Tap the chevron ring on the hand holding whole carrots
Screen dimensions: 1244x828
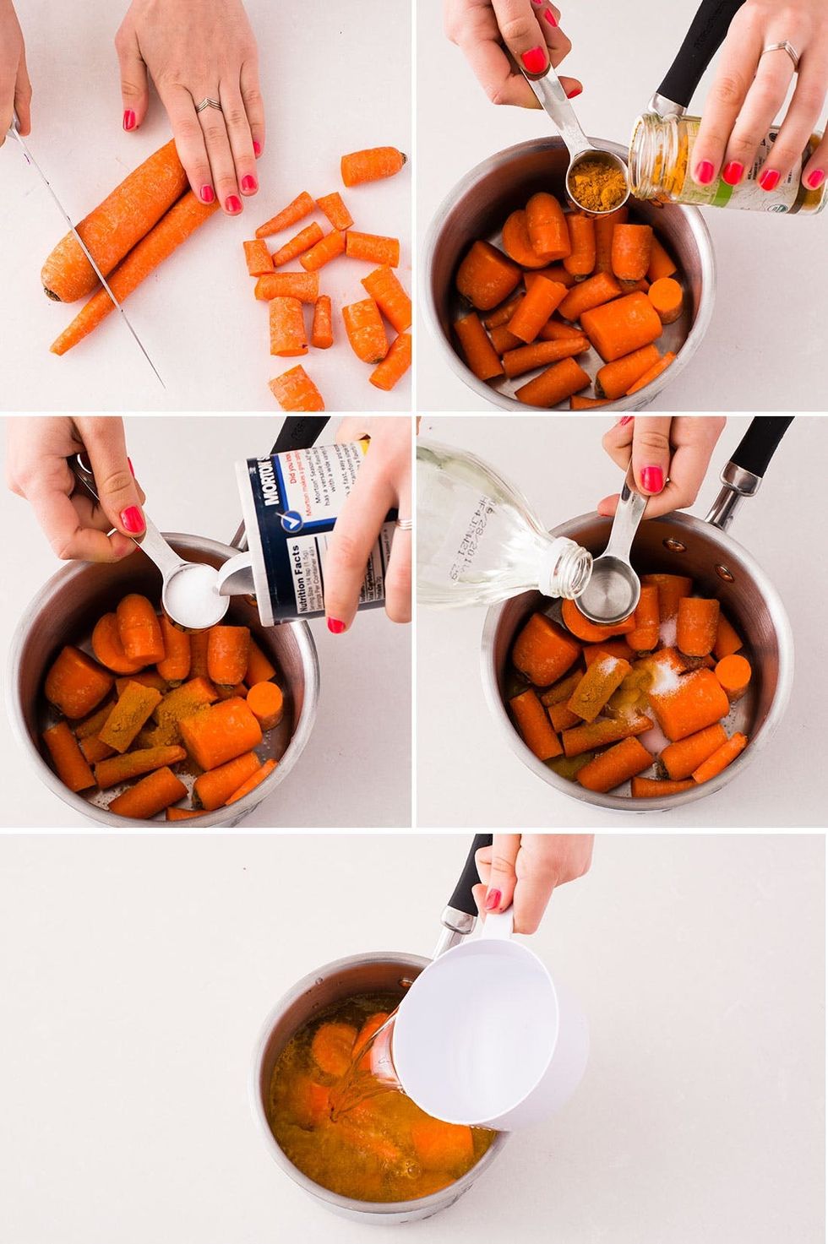(x=208, y=106)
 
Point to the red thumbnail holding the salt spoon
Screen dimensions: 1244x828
(x=133, y=519)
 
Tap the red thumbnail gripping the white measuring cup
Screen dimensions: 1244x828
(x=493, y=899)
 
